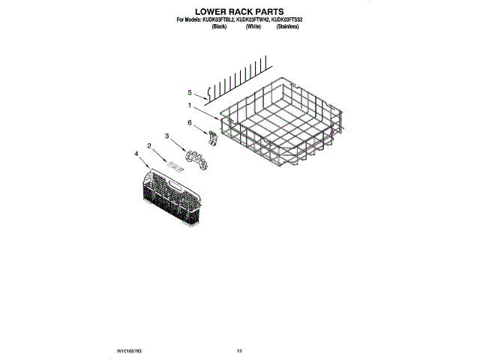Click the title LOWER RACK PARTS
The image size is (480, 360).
click(x=239, y=13)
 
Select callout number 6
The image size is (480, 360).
click(x=189, y=122)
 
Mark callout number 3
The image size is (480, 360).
click(x=166, y=136)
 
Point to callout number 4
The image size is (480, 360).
click(x=136, y=154)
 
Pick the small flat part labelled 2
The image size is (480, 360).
click(x=175, y=165)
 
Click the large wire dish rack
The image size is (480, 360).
click(x=281, y=124)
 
